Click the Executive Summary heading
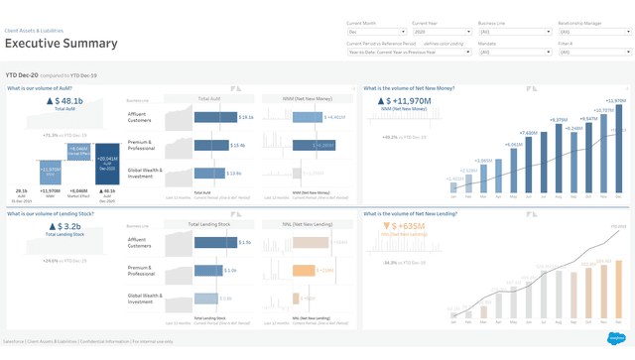click(x=62, y=43)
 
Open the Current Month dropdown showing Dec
click(x=375, y=32)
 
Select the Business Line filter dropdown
click(x=514, y=32)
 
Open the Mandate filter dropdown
click(x=514, y=52)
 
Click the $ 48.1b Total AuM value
click(x=65, y=101)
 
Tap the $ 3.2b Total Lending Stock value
click(x=65, y=227)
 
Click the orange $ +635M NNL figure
click(x=407, y=226)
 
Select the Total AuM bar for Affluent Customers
click(x=214, y=117)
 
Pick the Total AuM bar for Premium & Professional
click(x=211, y=145)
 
